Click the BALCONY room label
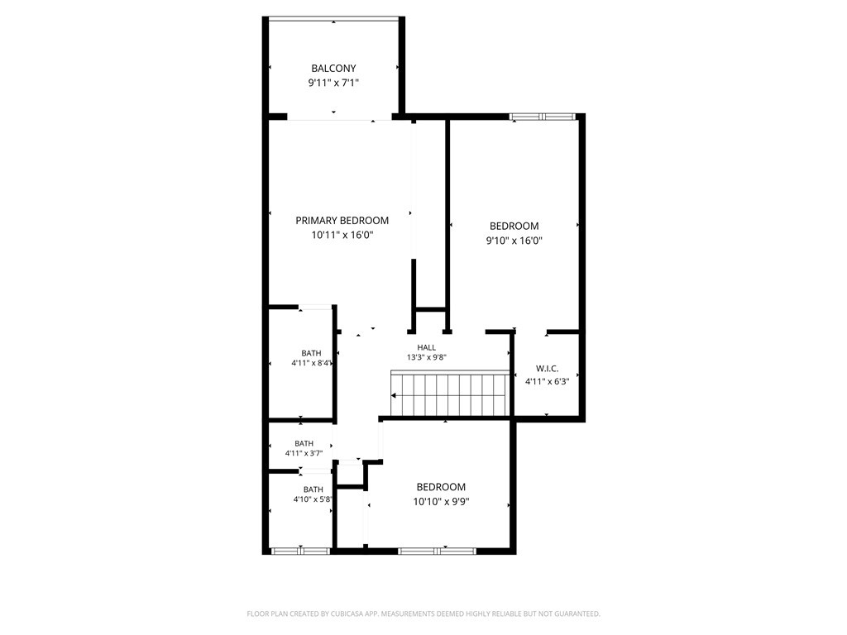(x=333, y=69)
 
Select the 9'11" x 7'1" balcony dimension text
(x=333, y=83)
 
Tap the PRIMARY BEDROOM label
(x=342, y=220)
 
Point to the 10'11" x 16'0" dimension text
(x=342, y=235)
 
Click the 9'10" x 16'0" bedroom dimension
(x=514, y=241)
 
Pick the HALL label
(x=426, y=348)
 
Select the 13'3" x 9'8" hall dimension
(x=426, y=357)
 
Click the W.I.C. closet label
(x=548, y=369)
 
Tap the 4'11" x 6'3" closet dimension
(x=548, y=380)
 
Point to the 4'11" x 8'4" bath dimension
(x=311, y=363)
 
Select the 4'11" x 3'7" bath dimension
(x=304, y=453)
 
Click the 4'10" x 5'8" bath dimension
(x=312, y=499)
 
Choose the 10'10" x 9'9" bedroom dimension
(x=441, y=502)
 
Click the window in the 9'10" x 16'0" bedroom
(x=542, y=116)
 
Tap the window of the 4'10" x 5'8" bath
(x=300, y=551)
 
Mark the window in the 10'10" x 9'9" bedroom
(x=437, y=551)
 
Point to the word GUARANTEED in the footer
(x=578, y=614)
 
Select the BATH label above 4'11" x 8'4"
(x=311, y=353)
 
